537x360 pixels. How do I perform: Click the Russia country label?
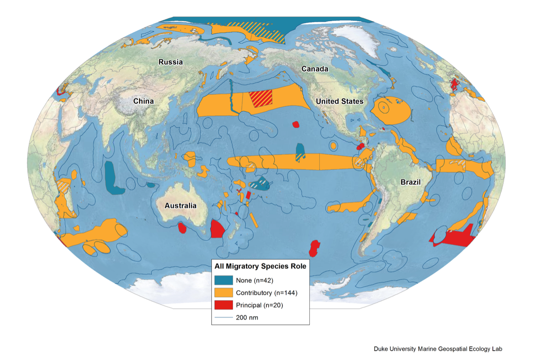point(171,62)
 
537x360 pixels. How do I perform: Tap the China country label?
point(143,101)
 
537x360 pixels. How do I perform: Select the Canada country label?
point(315,69)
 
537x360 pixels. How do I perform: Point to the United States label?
point(339,101)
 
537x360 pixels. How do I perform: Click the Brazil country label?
point(410,182)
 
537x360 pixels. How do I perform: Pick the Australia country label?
point(180,205)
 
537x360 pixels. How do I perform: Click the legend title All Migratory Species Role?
point(260,266)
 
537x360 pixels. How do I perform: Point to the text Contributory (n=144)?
point(266,293)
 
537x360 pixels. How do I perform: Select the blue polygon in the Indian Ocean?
point(113,178)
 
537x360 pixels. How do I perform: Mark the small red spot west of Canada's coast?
point(296,124)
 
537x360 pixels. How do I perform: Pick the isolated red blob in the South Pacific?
point(314,247)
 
